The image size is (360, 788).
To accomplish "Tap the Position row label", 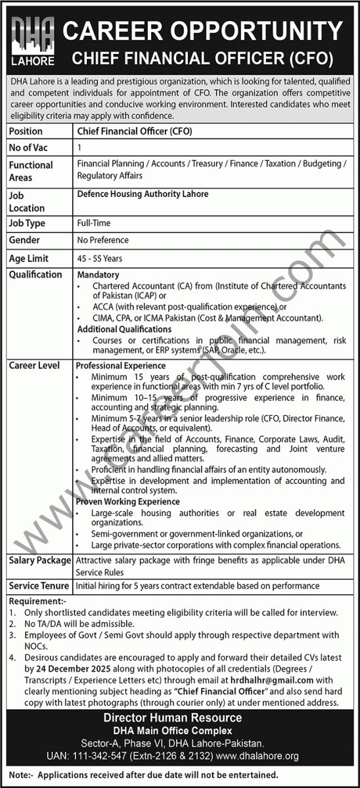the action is click(x=26, y=131).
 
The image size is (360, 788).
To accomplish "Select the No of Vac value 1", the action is click(x=79, y=148).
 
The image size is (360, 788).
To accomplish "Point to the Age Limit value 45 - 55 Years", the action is click(x=99, y=259).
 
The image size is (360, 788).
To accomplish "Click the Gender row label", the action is click(x=24, y=240).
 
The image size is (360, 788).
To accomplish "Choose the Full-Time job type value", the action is click(x=93, y=223).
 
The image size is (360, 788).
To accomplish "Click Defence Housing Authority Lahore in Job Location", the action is click(x=143, y=194).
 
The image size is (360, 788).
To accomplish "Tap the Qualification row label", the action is click(x=35, y=274).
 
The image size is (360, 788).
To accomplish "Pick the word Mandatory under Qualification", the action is click(x=98, y=274).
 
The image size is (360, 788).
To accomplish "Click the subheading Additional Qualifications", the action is click(x=124, y=328).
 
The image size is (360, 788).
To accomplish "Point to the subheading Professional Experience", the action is click(x=121, y=365).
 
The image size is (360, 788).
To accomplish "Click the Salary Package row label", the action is click(x=39, y=560).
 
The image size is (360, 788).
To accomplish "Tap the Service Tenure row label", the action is click(x=38, y=584).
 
